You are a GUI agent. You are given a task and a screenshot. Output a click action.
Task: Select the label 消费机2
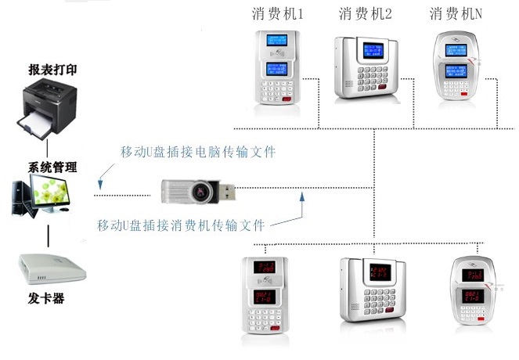365,14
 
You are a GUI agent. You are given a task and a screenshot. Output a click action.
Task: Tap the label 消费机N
456,14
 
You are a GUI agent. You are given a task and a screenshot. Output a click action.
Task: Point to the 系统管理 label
53,167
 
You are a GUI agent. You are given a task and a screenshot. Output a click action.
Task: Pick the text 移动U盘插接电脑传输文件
198,150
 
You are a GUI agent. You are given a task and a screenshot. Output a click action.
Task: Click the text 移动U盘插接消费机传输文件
181,225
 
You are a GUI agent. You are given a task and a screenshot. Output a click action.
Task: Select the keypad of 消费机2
368,82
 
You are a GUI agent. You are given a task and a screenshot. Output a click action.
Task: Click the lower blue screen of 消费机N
456,74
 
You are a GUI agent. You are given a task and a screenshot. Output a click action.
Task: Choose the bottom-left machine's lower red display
265,297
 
